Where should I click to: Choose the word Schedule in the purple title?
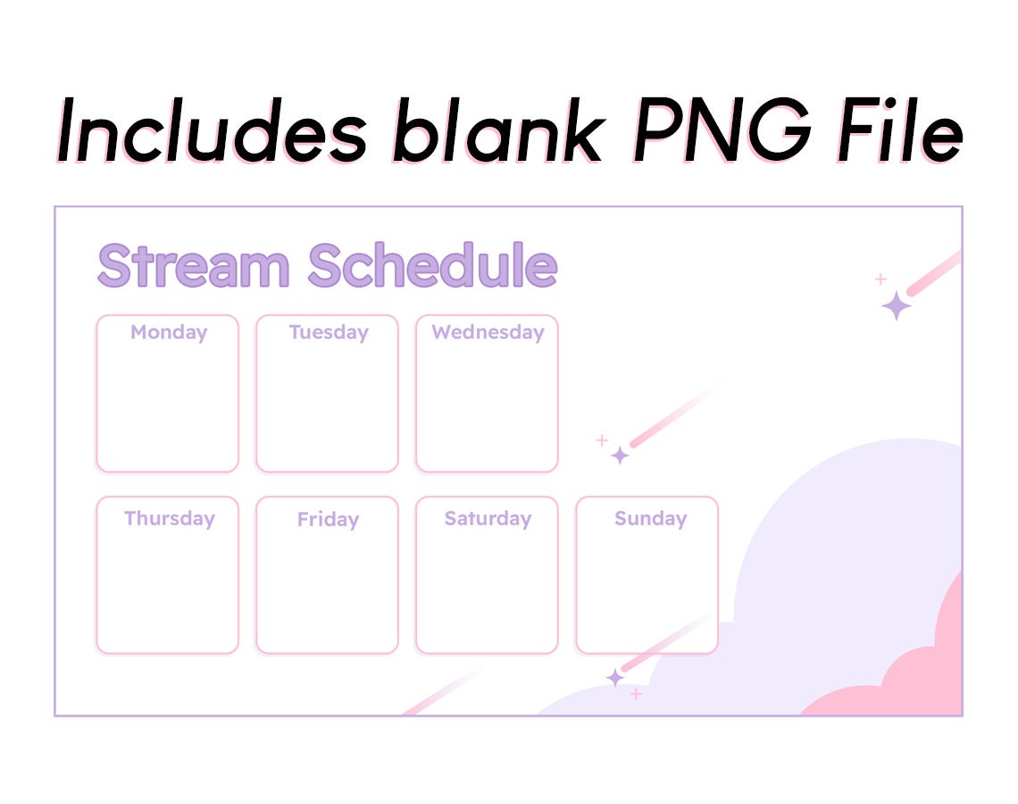point(432,265)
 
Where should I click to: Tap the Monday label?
point(168,332)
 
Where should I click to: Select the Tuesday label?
point(328,332)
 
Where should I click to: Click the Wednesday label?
point(488,332)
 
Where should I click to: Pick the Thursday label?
point(169,518)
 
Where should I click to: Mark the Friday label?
point(328,519)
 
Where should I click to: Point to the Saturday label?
point(488,518)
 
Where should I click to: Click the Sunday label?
point(650,518)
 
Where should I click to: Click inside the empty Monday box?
point(167,406)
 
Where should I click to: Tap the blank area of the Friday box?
point(327,590)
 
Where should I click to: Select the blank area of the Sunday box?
point(647,590)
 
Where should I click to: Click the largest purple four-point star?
point(897,306)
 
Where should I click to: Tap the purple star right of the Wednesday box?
point(620,456)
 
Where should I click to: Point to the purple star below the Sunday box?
point(614,678)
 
